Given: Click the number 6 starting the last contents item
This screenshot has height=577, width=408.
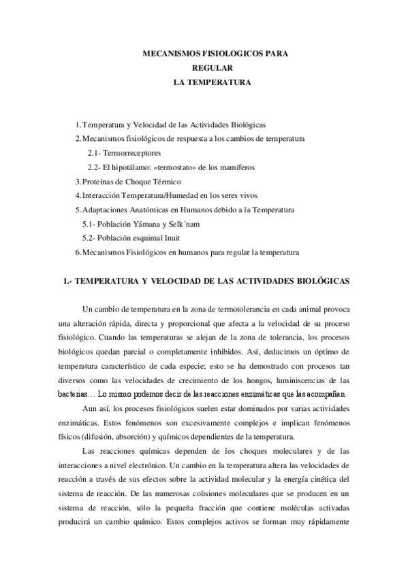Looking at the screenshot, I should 78,252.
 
